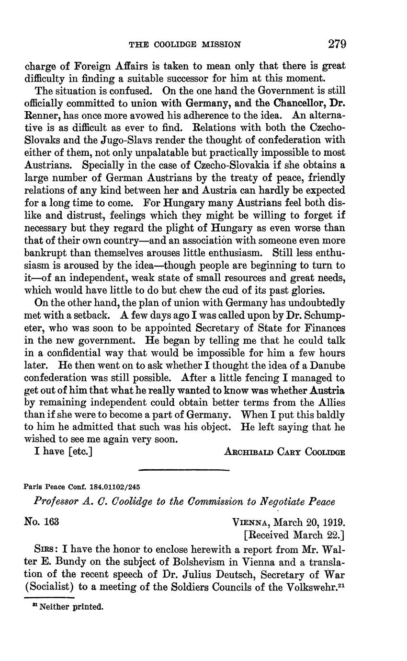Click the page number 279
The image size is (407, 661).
coord(337,45)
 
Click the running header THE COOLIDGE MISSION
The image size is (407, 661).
coord(185,45)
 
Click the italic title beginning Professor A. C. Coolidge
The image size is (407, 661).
coord(184,502)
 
